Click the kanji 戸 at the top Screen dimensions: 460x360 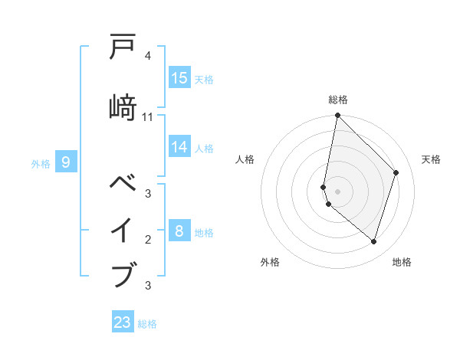click(123, 48)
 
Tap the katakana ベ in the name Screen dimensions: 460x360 click(123, 185)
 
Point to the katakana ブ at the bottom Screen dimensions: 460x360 click(123, 273)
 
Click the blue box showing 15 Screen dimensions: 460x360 click(179, 78)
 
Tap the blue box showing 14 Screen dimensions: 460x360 click(179, 147)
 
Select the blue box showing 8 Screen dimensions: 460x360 click(179, 231)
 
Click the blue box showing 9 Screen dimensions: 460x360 click(66, 162)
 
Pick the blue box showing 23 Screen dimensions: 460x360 click(123, 322)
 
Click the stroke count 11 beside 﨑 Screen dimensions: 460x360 click(148, 117)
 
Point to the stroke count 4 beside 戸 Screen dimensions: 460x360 click(148, 56)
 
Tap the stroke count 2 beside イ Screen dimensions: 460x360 click(148, 240)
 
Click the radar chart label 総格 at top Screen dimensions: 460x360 click(338, 100)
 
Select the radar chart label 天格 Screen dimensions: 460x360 click(431, 159)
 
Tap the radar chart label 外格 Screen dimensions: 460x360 click(270, 262)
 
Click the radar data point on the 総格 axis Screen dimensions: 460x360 click(338, 116)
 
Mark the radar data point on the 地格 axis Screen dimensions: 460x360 click(373, 242)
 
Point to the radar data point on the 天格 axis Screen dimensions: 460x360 click(396, 172)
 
